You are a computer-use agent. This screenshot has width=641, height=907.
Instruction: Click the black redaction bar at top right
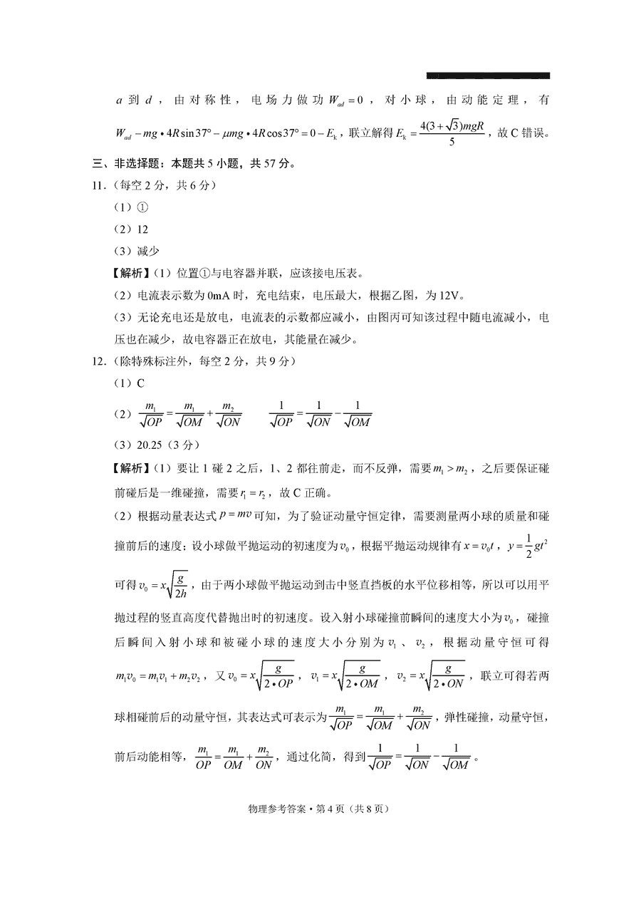(488, 75)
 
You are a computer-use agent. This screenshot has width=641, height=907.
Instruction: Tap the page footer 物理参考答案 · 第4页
(320, 809)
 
